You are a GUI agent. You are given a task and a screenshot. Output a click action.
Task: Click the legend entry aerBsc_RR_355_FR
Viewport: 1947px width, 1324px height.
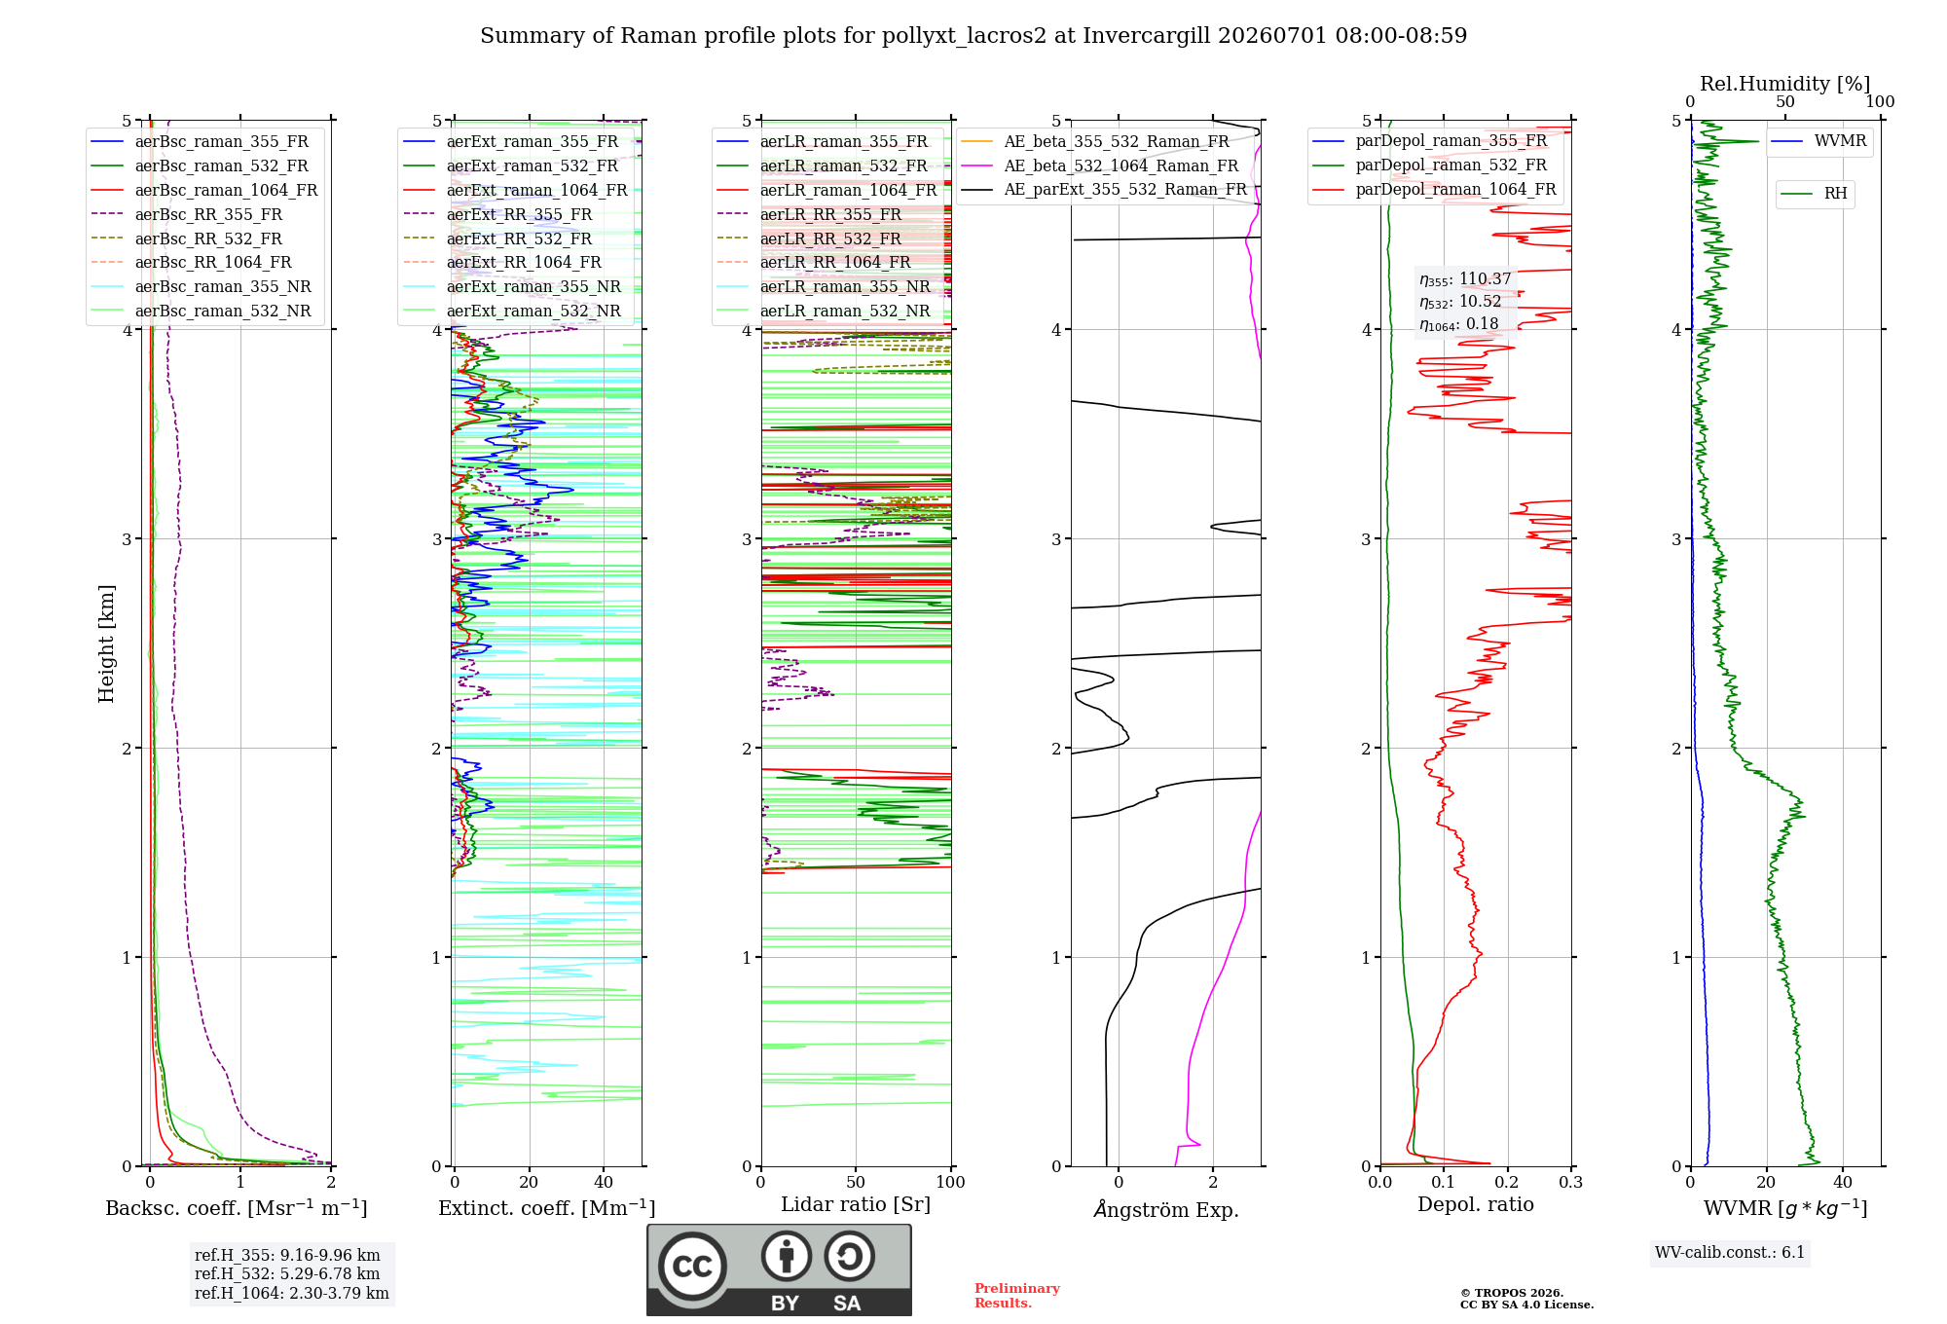(x=208, y=214)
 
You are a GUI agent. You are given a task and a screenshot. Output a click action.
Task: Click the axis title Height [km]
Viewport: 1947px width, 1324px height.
(x=106, y=644)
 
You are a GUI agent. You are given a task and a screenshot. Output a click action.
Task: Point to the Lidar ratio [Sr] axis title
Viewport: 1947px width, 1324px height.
(x=856, y=1204)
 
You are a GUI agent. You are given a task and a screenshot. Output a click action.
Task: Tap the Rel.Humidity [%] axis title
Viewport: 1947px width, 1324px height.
(x=1784, y=84)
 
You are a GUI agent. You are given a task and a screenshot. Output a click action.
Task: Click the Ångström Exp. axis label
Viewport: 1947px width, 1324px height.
(x=1166, y=1209)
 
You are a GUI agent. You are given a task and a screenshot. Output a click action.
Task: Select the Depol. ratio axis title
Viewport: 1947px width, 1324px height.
(x=1476, y=1204)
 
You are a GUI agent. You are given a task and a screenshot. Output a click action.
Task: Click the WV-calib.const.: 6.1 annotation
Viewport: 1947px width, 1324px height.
(x=1730, y=1252)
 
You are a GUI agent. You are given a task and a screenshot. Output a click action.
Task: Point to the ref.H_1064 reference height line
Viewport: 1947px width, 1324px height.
(x=291, y=1293)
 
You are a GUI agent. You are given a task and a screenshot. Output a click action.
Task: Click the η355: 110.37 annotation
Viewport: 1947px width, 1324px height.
(x=1465, y=279)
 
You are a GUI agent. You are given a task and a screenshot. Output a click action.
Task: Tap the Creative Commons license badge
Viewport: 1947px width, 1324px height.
(x=779, y=1269)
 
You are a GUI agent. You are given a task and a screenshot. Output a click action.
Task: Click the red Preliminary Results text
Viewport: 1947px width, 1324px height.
(x=1017, y=1296)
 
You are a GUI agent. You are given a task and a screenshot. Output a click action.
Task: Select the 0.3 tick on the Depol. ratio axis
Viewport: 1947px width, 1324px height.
(x=1570, y=1182)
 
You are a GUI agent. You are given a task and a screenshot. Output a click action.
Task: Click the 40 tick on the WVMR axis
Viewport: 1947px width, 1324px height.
(x=1843, y=1182)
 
